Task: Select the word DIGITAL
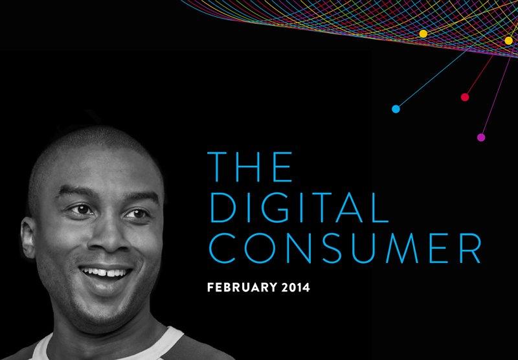click(303, 206)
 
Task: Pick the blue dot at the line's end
click(396, 109)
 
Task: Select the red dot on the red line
click(464, 97)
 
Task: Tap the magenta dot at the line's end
click(481, 137)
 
